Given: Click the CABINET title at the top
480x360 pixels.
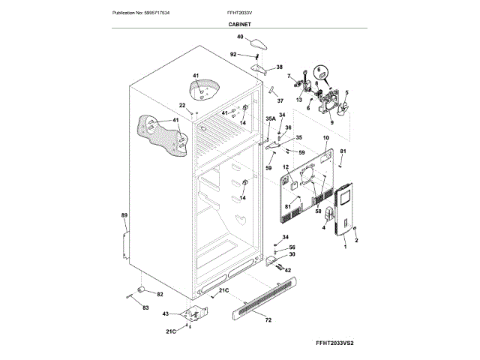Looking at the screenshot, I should [240, 25].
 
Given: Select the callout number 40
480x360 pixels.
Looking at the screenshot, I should [240, 37].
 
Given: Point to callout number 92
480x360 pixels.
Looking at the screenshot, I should [233, 54].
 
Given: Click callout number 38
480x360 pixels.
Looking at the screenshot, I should [280, 67].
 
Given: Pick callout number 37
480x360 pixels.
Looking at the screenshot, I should [280, 101].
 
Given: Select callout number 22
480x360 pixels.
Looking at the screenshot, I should [181, 106].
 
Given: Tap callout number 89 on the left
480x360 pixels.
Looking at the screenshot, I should [124, 216].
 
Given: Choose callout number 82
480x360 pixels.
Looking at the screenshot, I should [159, 294].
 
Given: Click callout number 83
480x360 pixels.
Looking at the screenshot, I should [145, 308].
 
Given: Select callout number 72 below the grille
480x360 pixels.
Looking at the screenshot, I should [268, 319].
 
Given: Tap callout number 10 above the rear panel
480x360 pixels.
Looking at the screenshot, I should [325, 139].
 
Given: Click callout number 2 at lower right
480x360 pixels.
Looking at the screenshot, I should [356, 240].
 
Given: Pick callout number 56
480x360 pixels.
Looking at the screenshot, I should [292, 247].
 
